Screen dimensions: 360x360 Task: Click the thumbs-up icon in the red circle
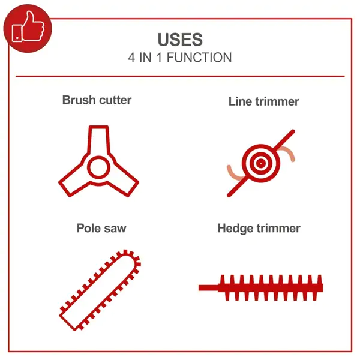(28, 27)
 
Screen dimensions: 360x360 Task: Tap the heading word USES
(180, 40)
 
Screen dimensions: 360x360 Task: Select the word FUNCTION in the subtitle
(199, 58)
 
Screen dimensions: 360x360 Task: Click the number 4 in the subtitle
(131, 58)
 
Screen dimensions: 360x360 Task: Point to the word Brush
(79, 100)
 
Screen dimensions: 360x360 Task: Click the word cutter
(115, 100)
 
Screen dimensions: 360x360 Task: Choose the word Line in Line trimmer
(240, 101)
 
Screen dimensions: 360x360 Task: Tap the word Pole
(88, 228)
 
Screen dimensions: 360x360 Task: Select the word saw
(115, 229)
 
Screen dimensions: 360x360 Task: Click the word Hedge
(235, 229)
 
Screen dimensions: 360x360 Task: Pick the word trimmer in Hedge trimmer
(278, 229)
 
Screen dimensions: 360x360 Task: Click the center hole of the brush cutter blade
(99, 167)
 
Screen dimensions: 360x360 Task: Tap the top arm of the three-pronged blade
(99, 140)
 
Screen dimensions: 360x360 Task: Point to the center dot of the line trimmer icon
(260, 163)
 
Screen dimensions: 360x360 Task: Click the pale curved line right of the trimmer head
(287, 152)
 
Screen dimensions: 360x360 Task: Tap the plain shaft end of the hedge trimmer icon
(208, 287)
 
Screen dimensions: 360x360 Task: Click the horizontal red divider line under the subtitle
(180, 76)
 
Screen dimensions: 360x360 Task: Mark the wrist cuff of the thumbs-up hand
(17, 33)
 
